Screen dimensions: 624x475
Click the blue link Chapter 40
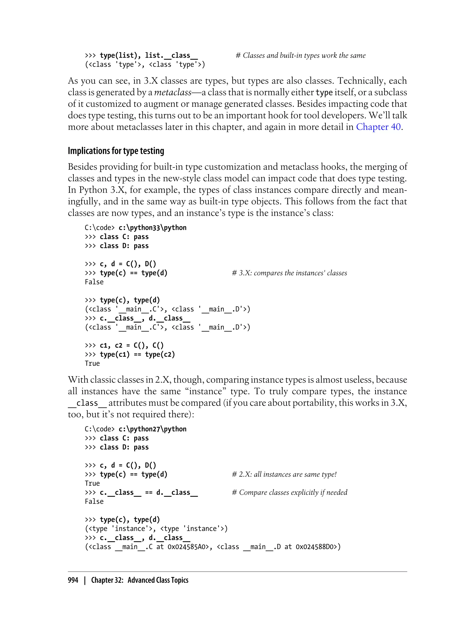pyautogui.click(x=378, y=127)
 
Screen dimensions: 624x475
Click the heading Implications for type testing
pyautogui.click(x=116, y=151)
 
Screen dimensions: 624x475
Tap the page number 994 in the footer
pyautogui.click(x=73, y=580)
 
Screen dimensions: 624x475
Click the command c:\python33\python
pyautogui.click(x=152, y=227)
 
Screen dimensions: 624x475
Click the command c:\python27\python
pyautogui.click(x=152, y=429)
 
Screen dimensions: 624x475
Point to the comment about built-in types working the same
pyautogui.click(x=301, y=55)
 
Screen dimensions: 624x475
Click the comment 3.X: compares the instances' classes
pyautogui.click(x=289, y=273)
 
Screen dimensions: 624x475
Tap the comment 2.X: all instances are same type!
pyautogui.click(x=284, y=474)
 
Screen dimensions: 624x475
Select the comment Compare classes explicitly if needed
pyautogui.click(x=289, y=493)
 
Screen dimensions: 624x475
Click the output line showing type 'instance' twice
pyautogui.click(x=156, y=529)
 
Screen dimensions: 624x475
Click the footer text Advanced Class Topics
pyautogui.click(x=158, y=580)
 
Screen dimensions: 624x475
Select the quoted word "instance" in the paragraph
pyautogui.click(x=205, y=391)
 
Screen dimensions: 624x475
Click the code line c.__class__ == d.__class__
pyautogui.click(x=149, y=493)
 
